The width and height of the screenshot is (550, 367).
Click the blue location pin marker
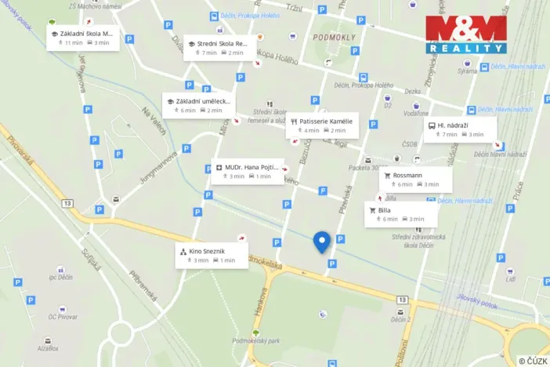(x=320, y=242)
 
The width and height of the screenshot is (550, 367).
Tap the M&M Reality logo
(x=466, y=33)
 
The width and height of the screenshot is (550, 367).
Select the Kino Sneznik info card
(x=212, y=255)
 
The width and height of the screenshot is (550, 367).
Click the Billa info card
(x=401, y=214)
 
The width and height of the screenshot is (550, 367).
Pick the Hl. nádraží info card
(x=460, y=129)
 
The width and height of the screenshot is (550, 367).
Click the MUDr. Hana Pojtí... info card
(x=247, y=171)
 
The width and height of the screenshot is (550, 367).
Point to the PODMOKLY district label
(x=334, y=36)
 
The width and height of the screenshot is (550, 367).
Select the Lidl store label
(x=510, y=278)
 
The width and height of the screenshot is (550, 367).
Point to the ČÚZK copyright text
(x=532, y=360)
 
